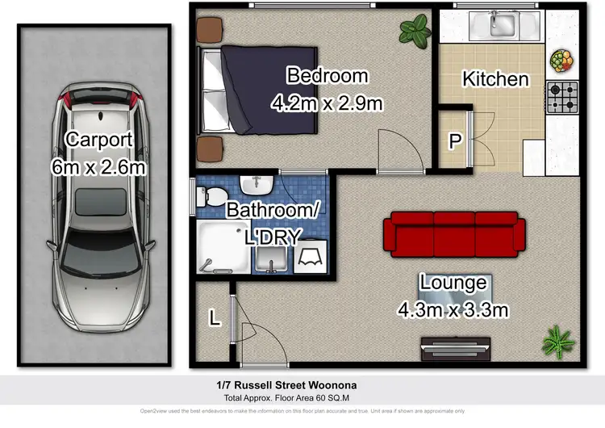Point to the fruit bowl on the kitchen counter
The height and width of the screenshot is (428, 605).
click(560, 61)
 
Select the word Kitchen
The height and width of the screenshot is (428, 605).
click(494, 79)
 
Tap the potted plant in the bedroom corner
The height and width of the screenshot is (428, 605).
click(415, 31)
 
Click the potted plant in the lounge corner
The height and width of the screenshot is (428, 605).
click(557, 341)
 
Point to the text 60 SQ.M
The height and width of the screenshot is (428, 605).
click(361, 398)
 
